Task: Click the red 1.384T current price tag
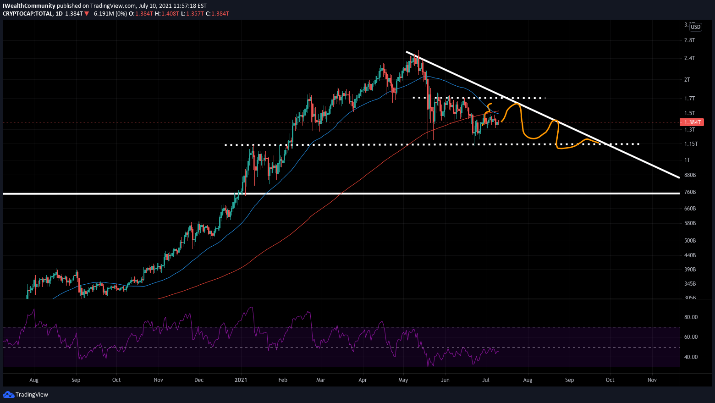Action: [x=692, y=122]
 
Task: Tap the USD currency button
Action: [x=695, y=27]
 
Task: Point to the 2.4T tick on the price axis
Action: [x=689, y=58]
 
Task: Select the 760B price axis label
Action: [x=690, y=192]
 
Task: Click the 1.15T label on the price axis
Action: [x=691, y=144]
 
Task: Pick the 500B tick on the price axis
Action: [x=690, y=241]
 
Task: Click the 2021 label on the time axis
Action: [x=241, y=380]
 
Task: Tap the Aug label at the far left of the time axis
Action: [x=33, y=380]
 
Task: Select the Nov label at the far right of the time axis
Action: [x=652, y=380]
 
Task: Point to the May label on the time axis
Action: [x=403, y=380]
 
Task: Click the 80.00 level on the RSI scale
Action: [x=691, y=317]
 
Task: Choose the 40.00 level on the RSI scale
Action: [x=691, y=357]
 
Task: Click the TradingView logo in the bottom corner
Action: [x=26, y=395]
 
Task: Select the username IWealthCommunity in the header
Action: [x=29, y=6]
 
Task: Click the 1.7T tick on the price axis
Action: [x=689, y=99]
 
